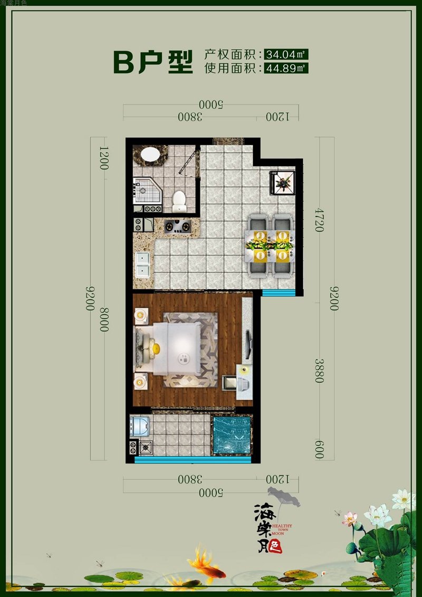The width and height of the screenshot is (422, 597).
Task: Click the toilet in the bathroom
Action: (179, 202)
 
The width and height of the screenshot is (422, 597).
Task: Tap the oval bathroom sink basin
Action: (150, 155)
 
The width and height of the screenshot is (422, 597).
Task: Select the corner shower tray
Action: (148, 191)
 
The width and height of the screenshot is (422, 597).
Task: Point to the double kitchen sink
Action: (143, 264)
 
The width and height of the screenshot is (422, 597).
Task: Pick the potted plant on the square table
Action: (282, 183)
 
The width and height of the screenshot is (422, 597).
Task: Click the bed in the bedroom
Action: (169, 349)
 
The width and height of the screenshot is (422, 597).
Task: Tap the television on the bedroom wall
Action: (248, 345)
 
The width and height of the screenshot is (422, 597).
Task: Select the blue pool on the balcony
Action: (232, 435)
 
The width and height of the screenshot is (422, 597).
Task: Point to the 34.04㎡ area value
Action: (286, 54)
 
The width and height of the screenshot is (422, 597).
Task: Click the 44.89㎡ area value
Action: (286, 68)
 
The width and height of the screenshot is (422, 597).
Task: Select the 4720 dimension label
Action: (319, 220)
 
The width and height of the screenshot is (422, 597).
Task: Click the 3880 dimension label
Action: (319, 371)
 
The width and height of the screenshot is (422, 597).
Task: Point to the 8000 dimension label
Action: (104, 319)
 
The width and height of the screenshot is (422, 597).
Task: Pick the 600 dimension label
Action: (319, 450)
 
